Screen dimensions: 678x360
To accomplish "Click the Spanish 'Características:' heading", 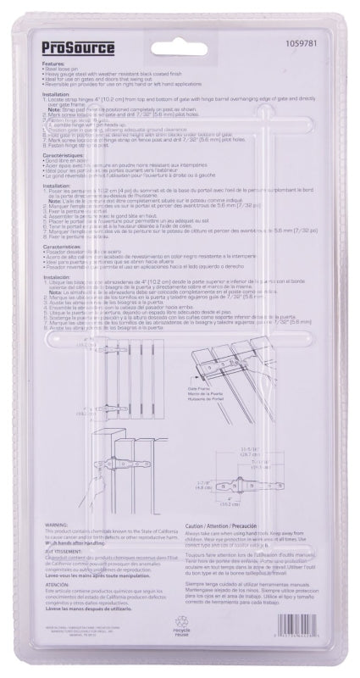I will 61,250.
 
